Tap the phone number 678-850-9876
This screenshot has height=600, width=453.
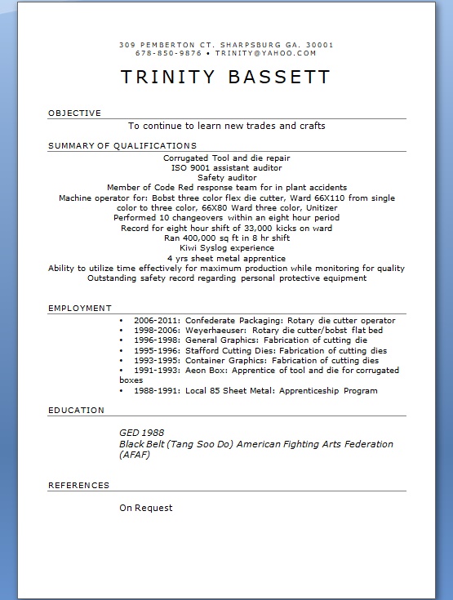(169, 53)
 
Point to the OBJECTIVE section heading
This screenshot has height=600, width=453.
(74, 113)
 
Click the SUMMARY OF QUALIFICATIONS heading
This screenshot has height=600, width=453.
(122, 146)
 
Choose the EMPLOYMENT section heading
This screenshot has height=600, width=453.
(80, 309)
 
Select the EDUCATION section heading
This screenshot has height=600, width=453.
(77, 411)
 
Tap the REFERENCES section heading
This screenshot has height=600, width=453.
(79, 486)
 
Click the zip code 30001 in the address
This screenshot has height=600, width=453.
(318, 44)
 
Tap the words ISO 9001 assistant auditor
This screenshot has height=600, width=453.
(226, 167)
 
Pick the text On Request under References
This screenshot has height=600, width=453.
(146, 508)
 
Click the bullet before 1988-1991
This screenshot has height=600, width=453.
(122, 391)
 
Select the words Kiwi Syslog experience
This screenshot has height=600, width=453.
(227, 247)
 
